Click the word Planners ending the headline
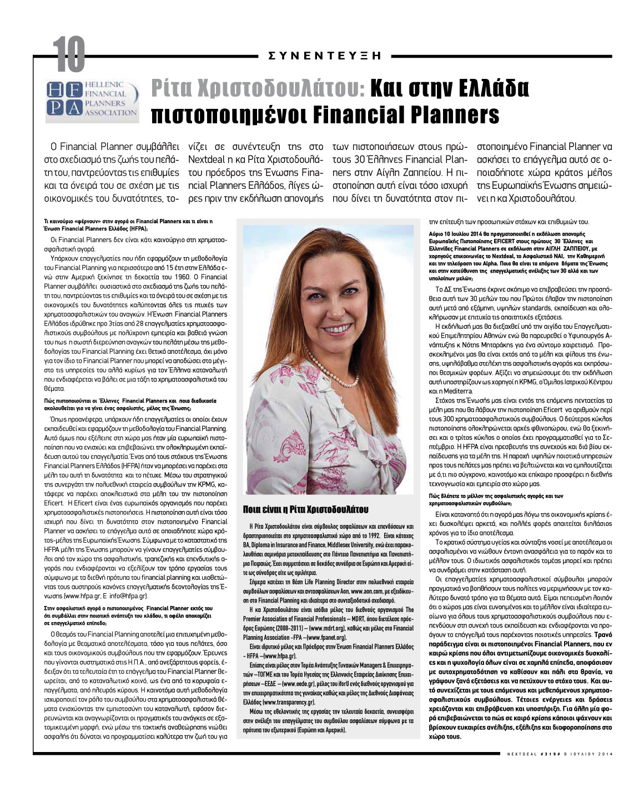pyautogui.click(x=443, y=114)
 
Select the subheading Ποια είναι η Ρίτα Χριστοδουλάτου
pyautogui.click(x=306, y=509)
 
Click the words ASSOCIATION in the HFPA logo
pyautogui.click(x=110, y=113)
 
